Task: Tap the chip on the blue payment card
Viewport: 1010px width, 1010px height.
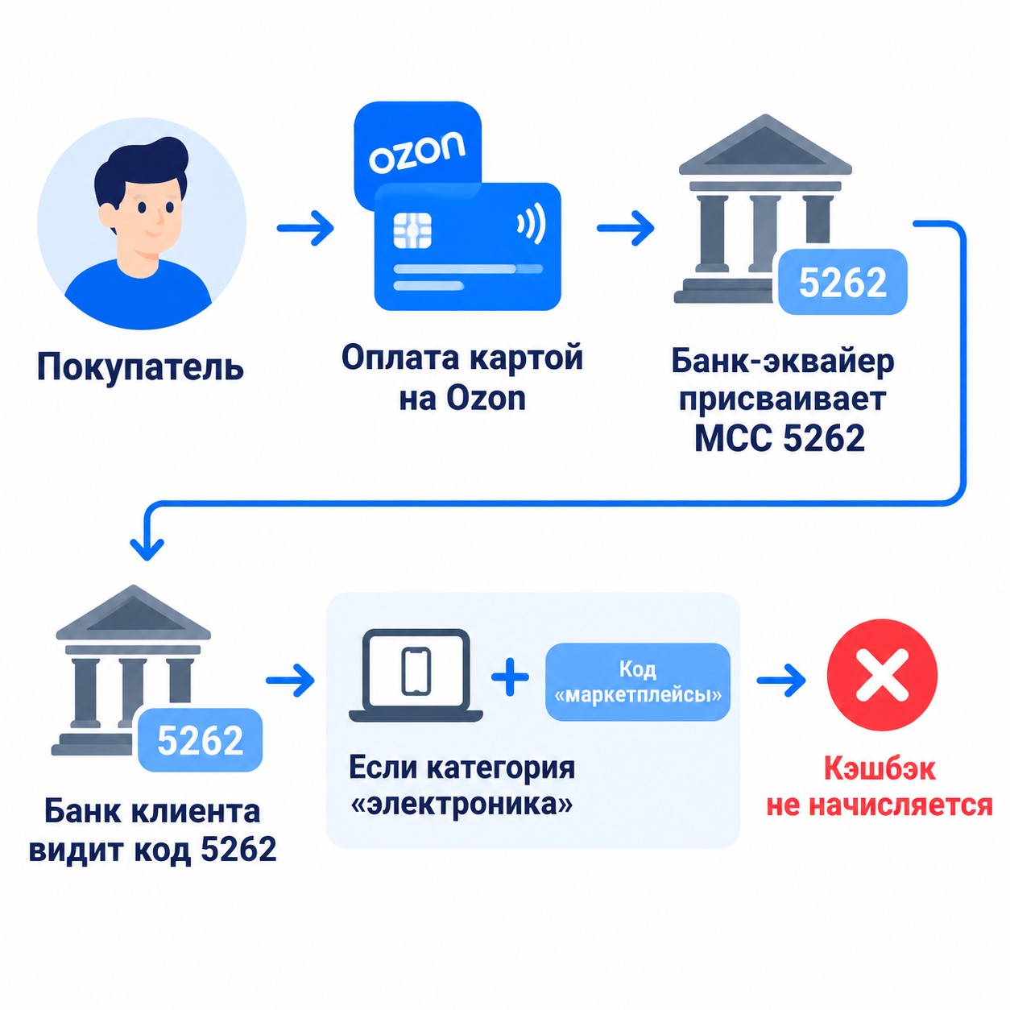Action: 412,230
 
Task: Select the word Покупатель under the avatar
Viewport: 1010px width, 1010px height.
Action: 140,367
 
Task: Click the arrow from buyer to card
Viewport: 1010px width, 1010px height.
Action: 305,228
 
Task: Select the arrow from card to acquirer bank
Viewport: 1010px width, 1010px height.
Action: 625,228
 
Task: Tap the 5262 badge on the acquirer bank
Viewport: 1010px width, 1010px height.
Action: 842,282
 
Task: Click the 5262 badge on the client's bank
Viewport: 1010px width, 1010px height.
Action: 200,739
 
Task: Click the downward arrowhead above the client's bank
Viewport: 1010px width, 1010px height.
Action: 147,548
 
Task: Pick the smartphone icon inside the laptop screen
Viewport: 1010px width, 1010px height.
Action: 416,672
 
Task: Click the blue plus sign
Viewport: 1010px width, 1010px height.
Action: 510,677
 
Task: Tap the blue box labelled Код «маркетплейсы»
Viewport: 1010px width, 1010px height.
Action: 637,681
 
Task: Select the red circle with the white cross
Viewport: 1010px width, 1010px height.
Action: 882,676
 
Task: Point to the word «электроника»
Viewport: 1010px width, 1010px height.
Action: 462,805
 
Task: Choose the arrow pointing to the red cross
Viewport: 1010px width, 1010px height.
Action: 781,681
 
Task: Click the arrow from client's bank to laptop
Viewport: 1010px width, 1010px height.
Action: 290,681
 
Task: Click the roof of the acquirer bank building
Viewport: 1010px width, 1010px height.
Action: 765,145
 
